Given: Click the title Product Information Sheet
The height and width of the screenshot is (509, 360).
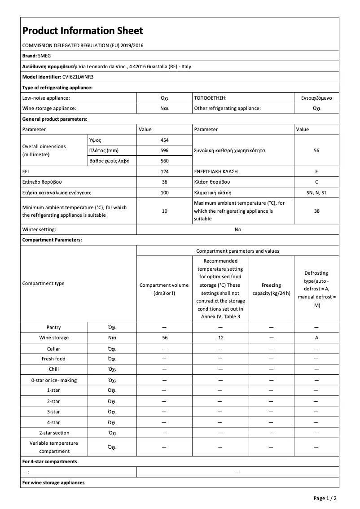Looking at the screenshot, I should [x=83, y=31].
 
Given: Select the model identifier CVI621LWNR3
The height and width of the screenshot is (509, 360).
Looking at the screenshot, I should [x=75, y=77].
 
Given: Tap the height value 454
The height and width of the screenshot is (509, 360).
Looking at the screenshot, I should [x=164, y=140].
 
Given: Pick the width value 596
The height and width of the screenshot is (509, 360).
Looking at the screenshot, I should [x=164, y=150].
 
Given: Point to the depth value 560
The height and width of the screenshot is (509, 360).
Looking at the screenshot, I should [x=164, y=161].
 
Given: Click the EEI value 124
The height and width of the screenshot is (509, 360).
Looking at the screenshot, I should [x=164, y=171].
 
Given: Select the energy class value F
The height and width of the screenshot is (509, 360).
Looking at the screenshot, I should [x=316, y=171].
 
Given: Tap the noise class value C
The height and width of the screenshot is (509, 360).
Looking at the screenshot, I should [x=316, y=182].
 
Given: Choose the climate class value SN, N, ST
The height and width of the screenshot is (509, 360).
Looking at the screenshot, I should [x=316, y=193].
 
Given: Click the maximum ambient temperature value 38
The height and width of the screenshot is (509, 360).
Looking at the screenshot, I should [x=316, y=211].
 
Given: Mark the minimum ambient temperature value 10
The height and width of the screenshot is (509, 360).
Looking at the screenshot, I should [x=164, y=211].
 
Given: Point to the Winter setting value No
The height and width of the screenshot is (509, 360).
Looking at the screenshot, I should [x=237, y=229].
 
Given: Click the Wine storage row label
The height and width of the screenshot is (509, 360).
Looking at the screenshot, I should [x=54, y=338].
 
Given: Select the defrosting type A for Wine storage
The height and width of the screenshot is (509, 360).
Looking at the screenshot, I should [x=316, y=338].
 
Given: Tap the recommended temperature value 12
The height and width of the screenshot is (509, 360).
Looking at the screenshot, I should [x=220, y=338].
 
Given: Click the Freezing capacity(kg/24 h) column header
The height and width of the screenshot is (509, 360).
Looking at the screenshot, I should [x=271, y=289].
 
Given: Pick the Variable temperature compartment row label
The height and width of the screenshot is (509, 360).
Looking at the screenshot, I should [x=54, y=447].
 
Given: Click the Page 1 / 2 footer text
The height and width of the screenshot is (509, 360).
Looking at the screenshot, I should [x=325, y=498].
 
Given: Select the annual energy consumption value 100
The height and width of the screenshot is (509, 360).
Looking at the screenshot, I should [x=164, y=193].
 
